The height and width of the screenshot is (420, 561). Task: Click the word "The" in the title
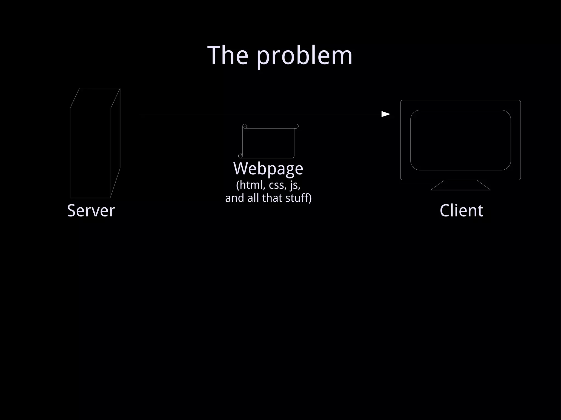pyautogui.click(x=228, y=56)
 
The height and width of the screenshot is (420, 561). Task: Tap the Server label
pyautogui.click(x=91, y=210)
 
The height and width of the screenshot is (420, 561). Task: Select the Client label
pyautogui.click(x=461, y=210)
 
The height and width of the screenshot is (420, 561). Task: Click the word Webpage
pyautogui.click(x=268, y=169)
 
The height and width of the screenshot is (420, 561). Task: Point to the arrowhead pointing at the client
pyautogui.click(x=386, y=114)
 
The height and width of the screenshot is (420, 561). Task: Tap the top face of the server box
pyautogui.click(x=95, y=98)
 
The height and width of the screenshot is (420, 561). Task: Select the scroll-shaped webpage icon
pyautogui.click(x=268, y=141)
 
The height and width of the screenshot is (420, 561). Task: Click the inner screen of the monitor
pyautogui.click(x=460, y=140)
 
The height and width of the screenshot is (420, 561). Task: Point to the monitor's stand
pyautogui.click(x=460, y=185)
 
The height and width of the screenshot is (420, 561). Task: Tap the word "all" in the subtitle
pyautogui.click(x=253, y=198)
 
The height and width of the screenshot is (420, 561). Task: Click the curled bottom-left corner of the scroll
pyautogui.click(x=241, y=156)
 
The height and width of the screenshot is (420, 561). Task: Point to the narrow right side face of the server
pyautogui.click(x=115, y=142)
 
